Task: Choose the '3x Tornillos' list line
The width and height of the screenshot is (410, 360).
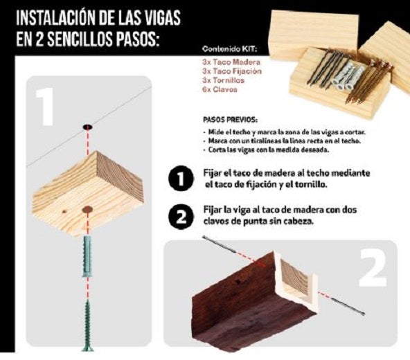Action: tap(223, 80)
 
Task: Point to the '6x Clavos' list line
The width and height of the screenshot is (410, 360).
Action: tap(220, 89)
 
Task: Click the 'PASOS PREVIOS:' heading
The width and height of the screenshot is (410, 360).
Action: tap(231, 119)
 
